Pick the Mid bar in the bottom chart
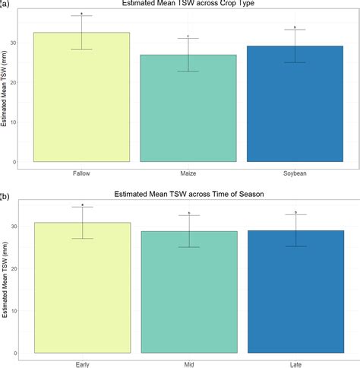click(x=188, y=292)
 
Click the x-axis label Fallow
click(x=82, y=173)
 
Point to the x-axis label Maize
click(x=188, y=173)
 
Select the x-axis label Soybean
click(x=295, y=173)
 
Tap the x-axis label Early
click(x=82, y=363)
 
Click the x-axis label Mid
click(x=188, y=363)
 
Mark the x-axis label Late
click(x=295, y=363)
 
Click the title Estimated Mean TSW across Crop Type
click(x=188, y=4)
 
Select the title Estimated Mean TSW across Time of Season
click(x=188, y=195)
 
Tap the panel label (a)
click(x=5, y=4)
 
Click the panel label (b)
click(x=5, y=195)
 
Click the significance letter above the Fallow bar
click(x=82, y=13)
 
